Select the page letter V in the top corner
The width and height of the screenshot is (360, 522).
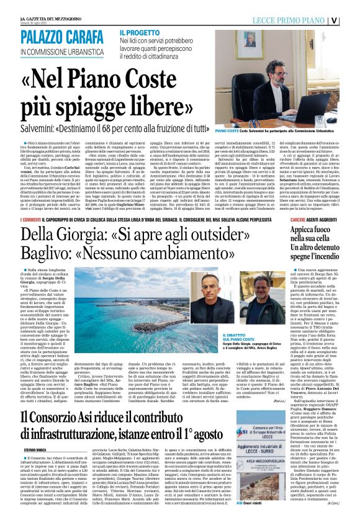click(x=351, y=19)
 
